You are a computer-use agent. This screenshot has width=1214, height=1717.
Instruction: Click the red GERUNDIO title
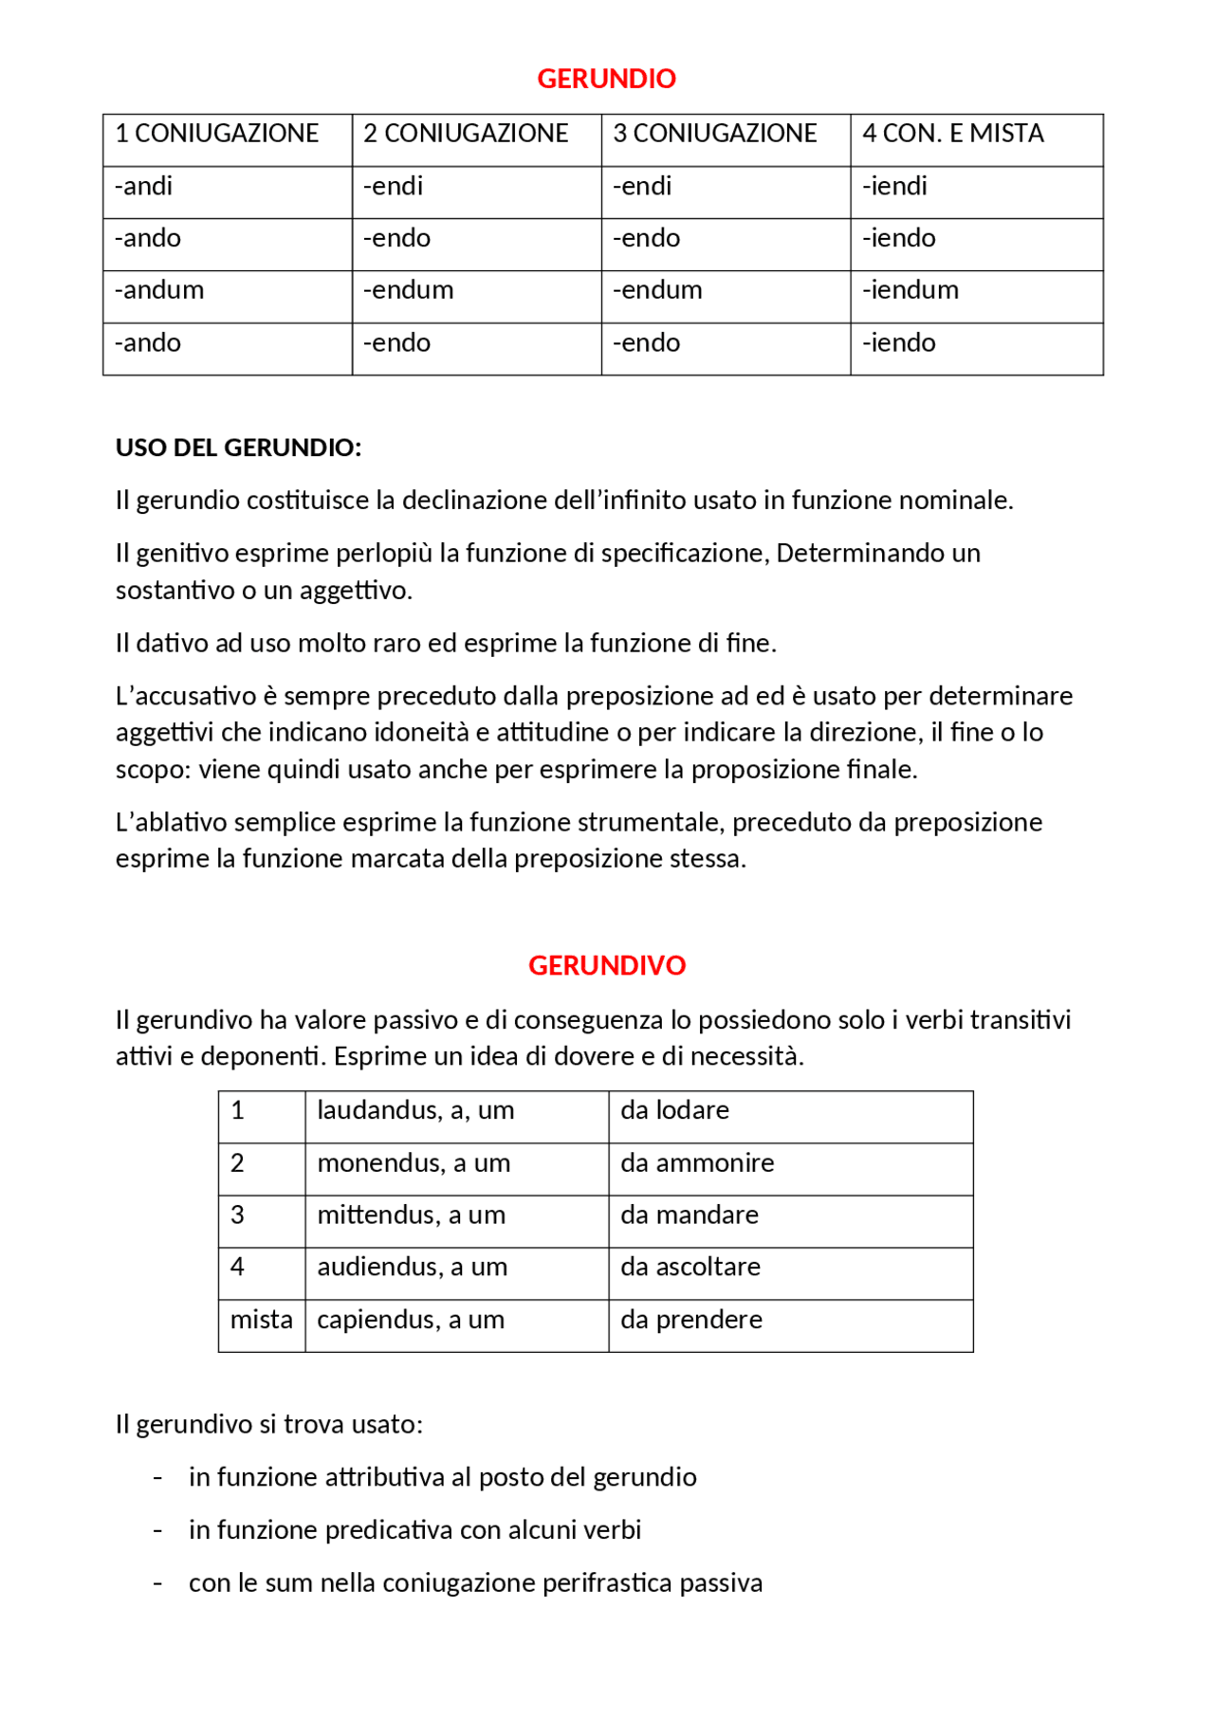click(x=606, y=79)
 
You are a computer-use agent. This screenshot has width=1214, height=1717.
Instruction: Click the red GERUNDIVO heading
click(x=606, y=965)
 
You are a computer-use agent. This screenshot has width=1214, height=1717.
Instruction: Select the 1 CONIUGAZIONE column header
click(x=217, y=134)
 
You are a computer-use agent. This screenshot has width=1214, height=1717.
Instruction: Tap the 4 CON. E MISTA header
click(x=952, y=134)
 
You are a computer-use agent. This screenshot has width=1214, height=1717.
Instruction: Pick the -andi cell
click(x=143, y=186)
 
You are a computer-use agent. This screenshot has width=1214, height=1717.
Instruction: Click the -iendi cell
click(x=893, y=186)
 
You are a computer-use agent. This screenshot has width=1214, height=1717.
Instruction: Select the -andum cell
click(x=159, y=290)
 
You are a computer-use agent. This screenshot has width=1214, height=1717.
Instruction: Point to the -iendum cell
click(x=910, y=290)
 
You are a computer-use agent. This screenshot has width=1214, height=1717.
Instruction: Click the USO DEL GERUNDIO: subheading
click(x=238, y=448)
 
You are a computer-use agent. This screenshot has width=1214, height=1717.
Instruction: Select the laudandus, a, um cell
click(x=415, y=1110)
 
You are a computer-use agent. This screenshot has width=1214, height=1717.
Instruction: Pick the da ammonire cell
click(x=697, y=1163)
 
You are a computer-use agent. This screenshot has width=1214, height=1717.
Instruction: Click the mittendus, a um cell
click(x=411, y=1215)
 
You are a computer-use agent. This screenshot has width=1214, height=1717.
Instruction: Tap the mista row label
click(x=261, y=1320)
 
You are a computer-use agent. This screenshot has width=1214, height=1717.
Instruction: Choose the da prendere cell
click(x=691, y=1320)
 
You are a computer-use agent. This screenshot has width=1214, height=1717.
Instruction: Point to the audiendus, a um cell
click(x=412, y=1268)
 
